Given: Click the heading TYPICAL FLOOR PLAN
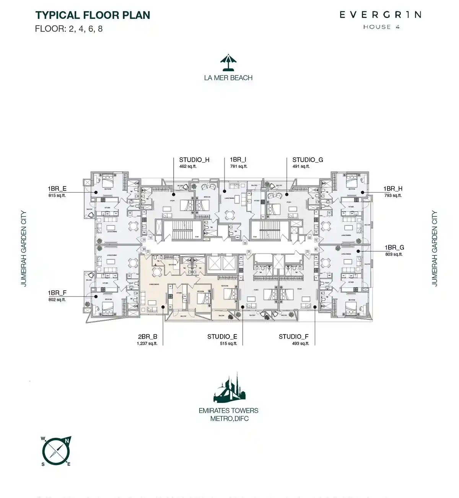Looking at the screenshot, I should [x=93, y=15].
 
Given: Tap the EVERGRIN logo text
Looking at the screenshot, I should [x=381, y=15].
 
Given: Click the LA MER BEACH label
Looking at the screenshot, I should [x=228, y=78].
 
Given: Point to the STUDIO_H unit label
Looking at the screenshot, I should [x=194, y=160].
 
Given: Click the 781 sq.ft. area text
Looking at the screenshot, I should [x=239, y=167].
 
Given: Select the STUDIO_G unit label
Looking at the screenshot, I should [x=308, y=160].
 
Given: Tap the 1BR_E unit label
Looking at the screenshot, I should [x=57, y=188].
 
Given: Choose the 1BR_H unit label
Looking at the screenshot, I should [x=393, y=188].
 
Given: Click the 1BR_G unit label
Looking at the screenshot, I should [x=394, y=247].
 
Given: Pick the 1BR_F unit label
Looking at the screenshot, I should [x=57, y=293].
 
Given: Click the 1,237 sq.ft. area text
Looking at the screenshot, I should [x=147, y=344].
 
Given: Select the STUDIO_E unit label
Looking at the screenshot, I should [x=222, y=337].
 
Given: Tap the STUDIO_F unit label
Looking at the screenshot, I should [x=293, y=337].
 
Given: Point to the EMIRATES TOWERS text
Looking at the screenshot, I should [x=228, y=411].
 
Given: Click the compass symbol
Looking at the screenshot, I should [x=57, y=451].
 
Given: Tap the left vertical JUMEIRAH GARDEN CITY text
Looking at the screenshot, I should [x=24, y=248].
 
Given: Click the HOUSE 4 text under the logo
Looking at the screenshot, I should [x=381, y=27].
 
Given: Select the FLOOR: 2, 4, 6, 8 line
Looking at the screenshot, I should [x=69, y=29].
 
